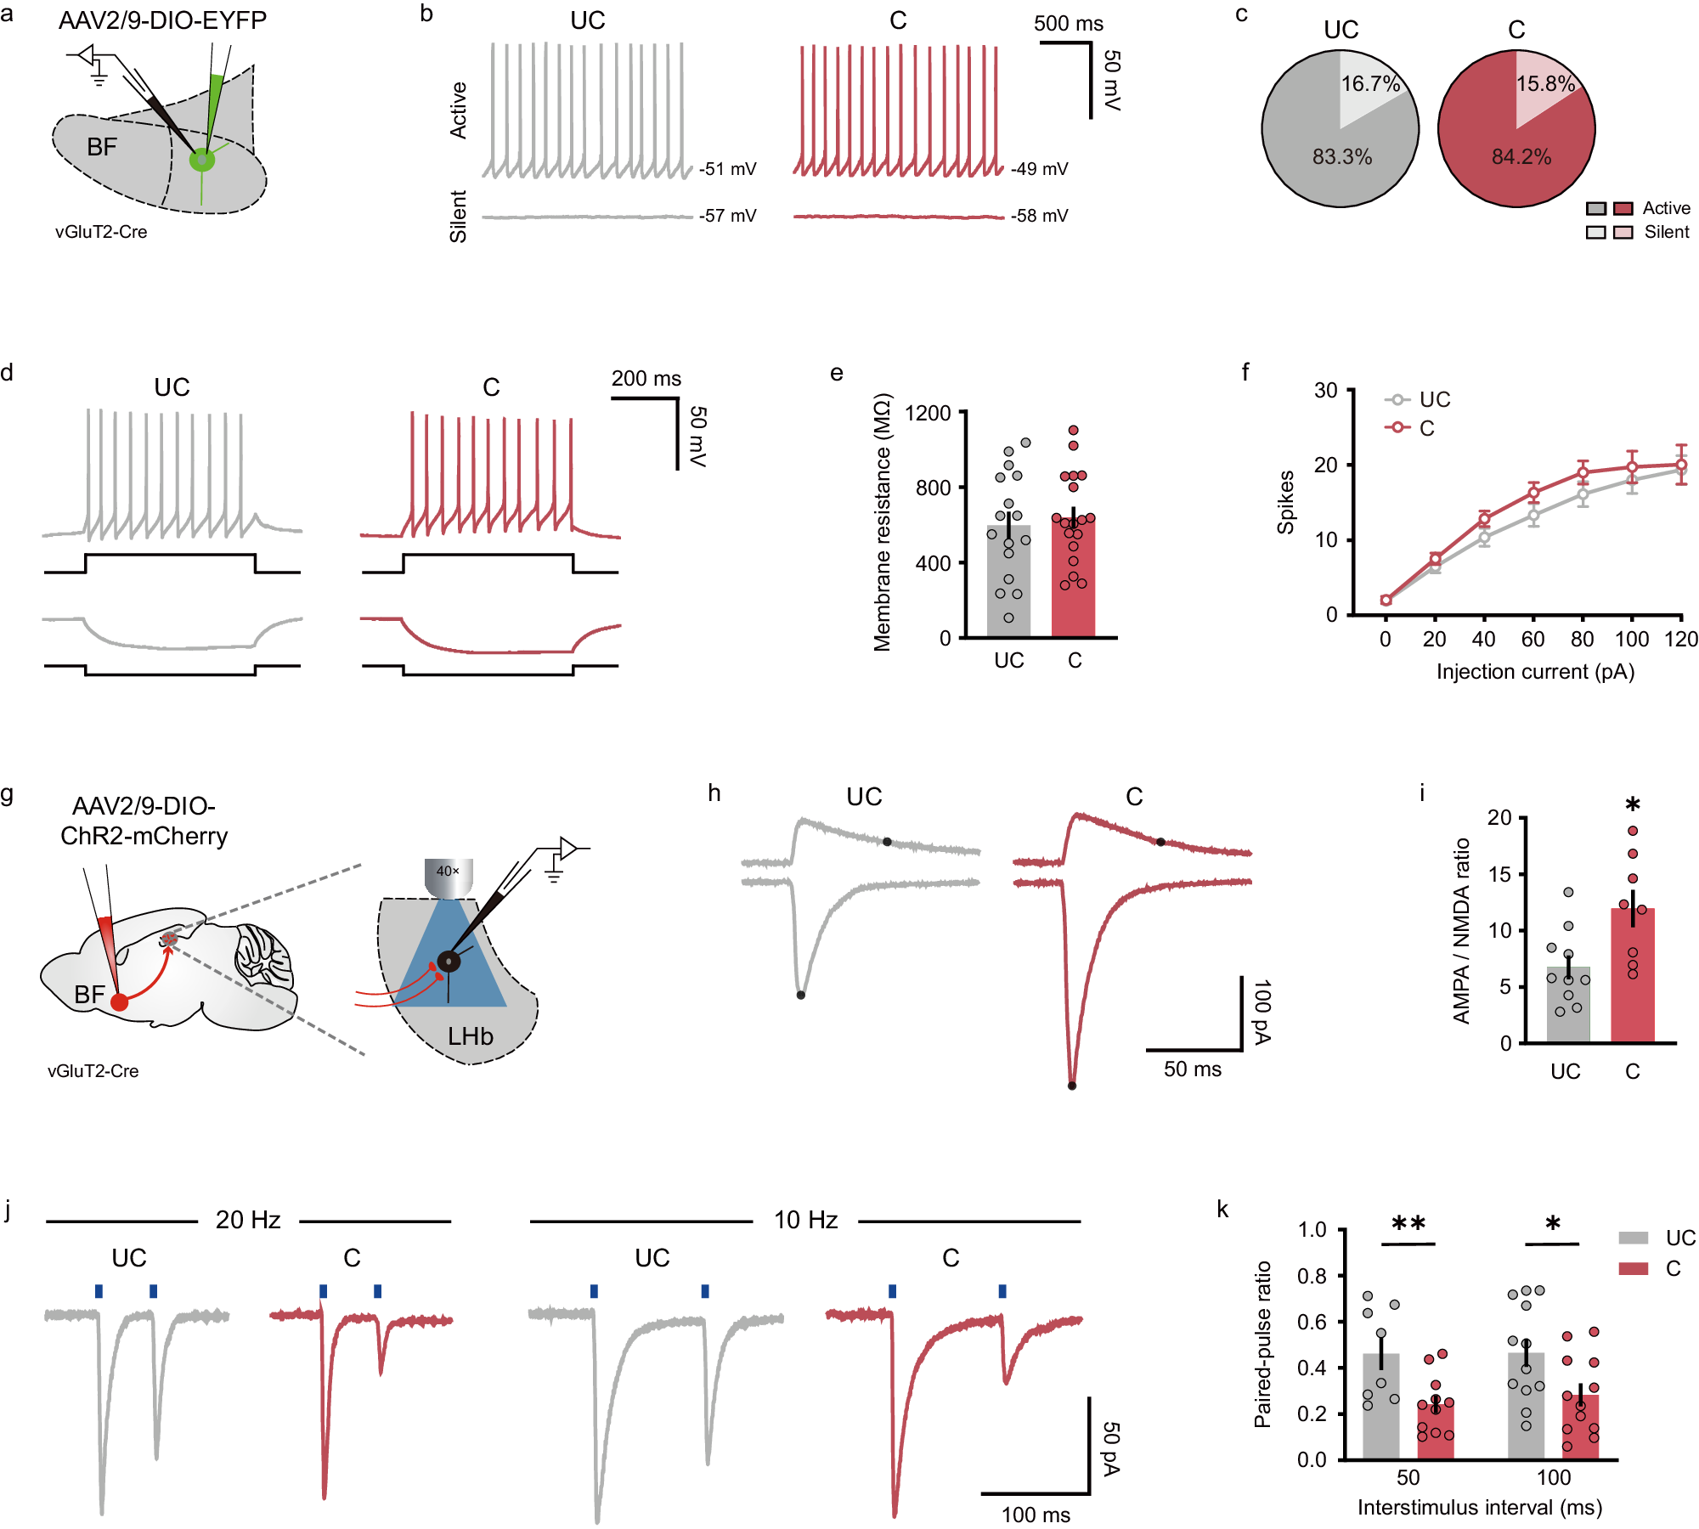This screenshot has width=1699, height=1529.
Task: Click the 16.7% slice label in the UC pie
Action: click(1370, 84)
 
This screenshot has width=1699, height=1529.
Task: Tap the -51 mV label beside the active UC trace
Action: click(727, 169)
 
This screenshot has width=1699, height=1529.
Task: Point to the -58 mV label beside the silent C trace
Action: click(1039, 216)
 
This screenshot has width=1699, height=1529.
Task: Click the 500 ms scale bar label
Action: click(1068, 24)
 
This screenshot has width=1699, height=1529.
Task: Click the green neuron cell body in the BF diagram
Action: click(202, 160)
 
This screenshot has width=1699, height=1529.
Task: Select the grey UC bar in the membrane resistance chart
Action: click(1008, 586)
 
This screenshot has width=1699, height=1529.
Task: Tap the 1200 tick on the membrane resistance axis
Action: click(928, 414)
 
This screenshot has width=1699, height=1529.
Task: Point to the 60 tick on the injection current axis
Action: click(1532, 640)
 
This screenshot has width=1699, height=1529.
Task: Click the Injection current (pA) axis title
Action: click(1535, 672)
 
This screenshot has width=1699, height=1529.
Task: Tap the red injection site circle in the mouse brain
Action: click(120, 1002)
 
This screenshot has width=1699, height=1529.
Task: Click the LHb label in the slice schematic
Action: click(470, 1036)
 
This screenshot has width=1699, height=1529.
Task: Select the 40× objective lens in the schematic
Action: click(449, 877)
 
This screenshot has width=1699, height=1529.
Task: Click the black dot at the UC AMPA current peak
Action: click(800, 995)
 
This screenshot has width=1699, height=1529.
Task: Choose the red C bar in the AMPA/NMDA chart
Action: click(1632, 977)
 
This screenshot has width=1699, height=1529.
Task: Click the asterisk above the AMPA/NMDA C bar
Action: click(1632, 805)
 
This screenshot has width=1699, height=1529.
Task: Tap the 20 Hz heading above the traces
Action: click(247, 1220)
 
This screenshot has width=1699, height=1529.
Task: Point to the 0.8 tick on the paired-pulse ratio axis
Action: click(1312, 1276)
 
